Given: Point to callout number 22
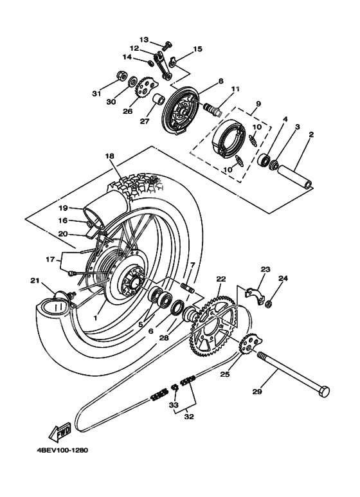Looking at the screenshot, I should click(221, 279).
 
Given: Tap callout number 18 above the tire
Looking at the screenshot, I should click(109, 156).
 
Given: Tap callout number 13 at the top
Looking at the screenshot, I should click(143, 39).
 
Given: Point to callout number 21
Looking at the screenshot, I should click(35, 281).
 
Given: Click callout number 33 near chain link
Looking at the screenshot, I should click(173, 405).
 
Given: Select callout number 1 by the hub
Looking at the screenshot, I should click(95, 318).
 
